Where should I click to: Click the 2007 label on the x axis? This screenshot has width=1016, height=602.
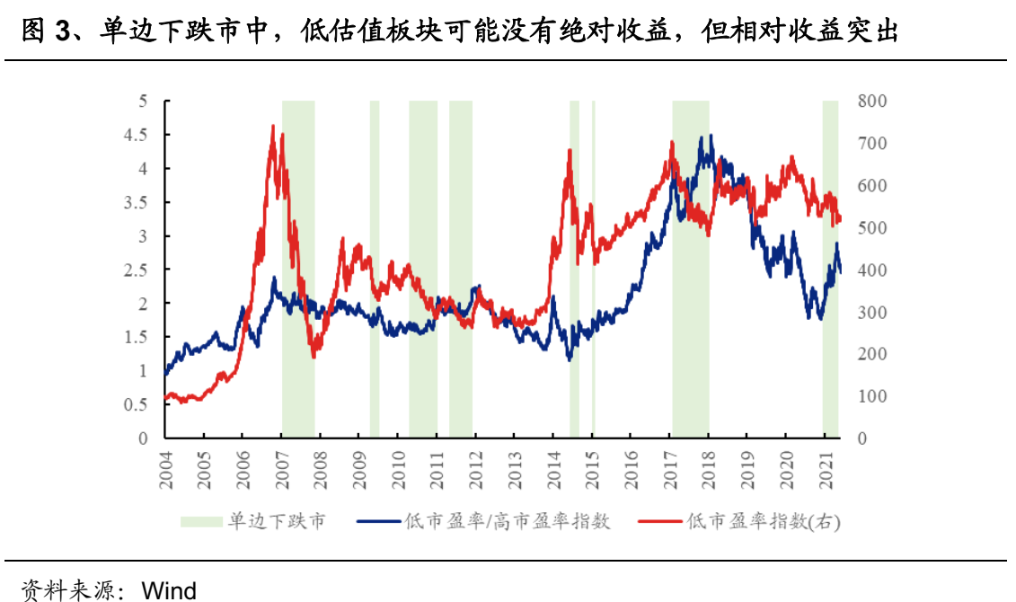click(x=281, y=471)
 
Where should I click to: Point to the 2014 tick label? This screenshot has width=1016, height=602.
click(x=552, y=471)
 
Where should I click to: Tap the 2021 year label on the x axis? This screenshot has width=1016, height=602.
click(x=824, y=471)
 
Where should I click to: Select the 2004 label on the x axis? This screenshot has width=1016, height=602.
click(x=165, y=471)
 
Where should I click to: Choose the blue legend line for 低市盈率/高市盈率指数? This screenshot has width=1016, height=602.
click(x=378, y=521)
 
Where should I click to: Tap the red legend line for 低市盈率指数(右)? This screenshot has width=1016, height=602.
click(x=659, y=521)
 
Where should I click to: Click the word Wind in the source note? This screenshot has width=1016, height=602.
click(x=170, y=590)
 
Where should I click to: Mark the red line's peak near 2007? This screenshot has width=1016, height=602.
click(x=273, y=127)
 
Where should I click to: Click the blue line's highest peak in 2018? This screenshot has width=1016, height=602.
click(x=711, y=136)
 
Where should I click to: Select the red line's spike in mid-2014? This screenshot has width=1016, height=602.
click(x=570, y=150)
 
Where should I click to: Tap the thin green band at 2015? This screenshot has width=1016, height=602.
click(x=593, y=270)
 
